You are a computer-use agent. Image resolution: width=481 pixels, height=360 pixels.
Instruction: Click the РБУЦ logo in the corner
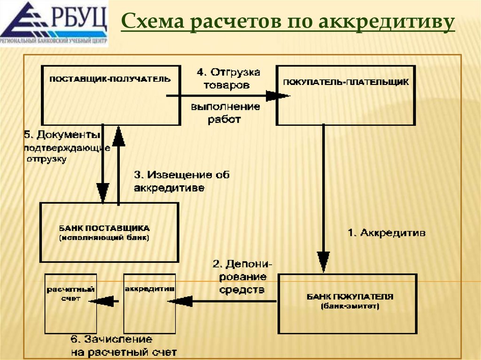pyautogui.click(x=54, y=23)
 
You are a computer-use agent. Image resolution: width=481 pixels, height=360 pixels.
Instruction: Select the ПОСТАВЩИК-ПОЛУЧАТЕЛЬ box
pyautogui.click(x=110, y=95)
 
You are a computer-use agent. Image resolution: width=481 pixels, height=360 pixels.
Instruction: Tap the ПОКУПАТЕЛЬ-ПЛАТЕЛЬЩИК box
pyautogui.click(x=346, y=95)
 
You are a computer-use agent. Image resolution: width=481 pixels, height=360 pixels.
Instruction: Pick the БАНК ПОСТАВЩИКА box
pyautogui.click(x=109, y=232)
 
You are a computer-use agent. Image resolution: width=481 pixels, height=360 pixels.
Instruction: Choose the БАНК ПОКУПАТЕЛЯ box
pyautogui.click(x=347, y=303)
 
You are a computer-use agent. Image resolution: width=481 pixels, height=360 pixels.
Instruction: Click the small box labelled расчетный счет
pyautogui.click(x=70, y=303)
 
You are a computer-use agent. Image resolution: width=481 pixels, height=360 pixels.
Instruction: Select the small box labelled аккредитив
pyautogui.click(x=149, y=303)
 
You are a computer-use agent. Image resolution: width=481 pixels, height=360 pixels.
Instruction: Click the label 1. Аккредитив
pyautogui.click(x=386, y=233)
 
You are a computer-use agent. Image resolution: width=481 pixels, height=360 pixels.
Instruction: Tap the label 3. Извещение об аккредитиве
pyautogui.click(x=181, y=182)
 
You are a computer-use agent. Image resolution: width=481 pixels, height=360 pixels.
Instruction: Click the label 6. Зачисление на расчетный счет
pyautogui.click(x=124, y=345)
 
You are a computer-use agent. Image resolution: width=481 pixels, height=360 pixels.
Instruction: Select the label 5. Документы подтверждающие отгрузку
pyautogui.click(x=66, y=147)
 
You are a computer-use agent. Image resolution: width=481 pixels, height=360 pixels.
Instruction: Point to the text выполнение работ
pyautogui.click(x=225, y=113)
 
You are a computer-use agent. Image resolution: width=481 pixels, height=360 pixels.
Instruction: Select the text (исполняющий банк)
pyautogui.click(x=104, y=238)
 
